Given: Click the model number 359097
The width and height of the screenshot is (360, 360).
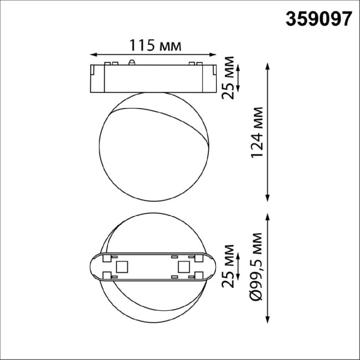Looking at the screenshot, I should [x=318, y=19].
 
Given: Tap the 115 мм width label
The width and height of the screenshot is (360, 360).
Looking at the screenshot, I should [x=155, y=45].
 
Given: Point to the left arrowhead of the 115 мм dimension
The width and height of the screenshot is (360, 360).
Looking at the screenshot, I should [x=92, y=54].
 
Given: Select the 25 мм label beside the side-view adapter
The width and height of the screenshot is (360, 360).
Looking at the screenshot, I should [x=227, y=78].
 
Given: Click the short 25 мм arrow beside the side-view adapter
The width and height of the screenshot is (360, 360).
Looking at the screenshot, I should [x=239, y=78].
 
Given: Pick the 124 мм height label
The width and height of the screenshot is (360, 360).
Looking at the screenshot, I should [x=256, y=133].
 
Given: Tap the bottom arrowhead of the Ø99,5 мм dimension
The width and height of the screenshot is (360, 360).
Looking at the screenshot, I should [x=269, y=322].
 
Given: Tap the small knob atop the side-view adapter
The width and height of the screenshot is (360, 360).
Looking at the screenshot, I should [x=132, y=61].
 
